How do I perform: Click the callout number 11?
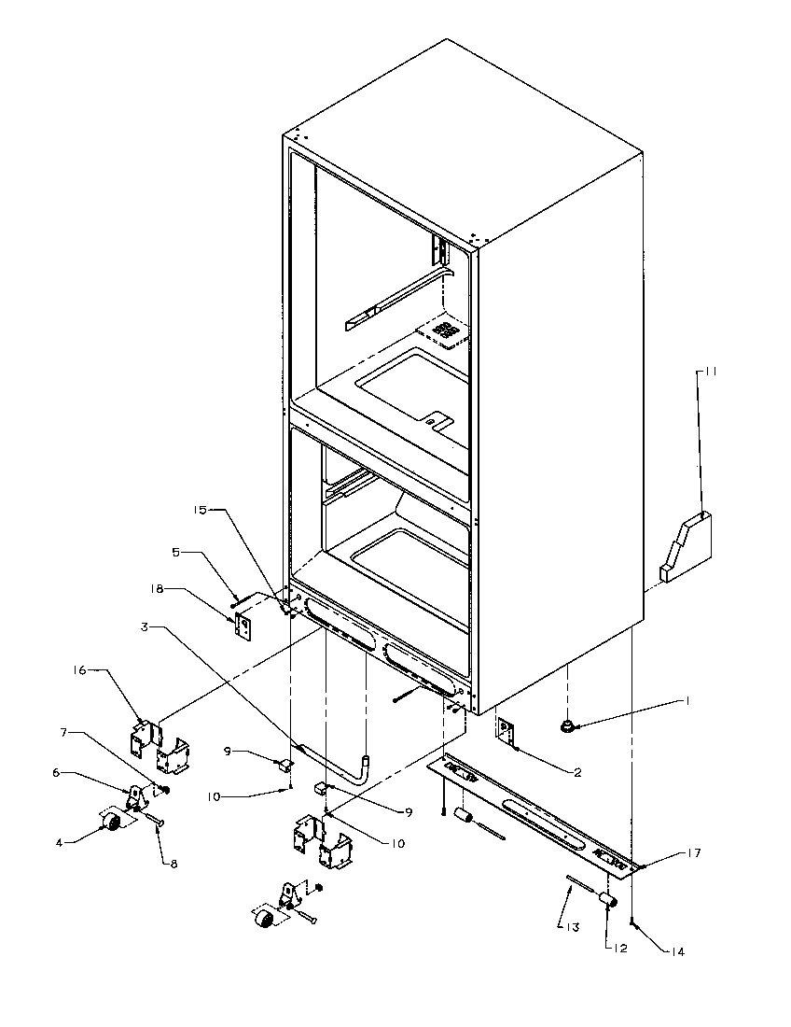pos(710,372)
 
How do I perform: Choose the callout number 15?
pos(199,511)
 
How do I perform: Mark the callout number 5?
pos(175,552)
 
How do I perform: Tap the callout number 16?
pos(80,669)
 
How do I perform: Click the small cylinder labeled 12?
pos(607,900)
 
